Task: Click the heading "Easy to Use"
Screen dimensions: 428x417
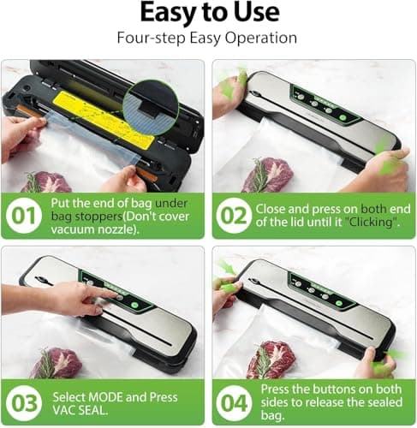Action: [208, 13]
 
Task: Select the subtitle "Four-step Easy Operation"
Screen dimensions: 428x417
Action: [208, 39]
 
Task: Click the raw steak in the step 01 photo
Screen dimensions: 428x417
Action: [47, 182]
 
